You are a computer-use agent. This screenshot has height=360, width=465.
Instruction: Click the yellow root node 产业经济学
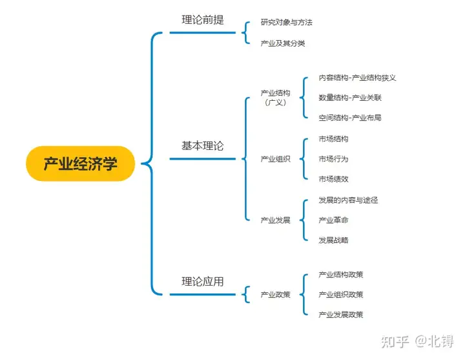pyautogui.click(x=80, y=164)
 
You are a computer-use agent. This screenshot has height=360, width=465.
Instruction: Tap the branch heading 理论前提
pyautogui.click(x=203, y=20)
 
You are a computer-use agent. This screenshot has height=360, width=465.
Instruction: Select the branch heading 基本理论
pyautogui.click(x=203, y=145)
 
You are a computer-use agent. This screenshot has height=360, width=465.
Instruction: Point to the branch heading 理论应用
pyautogui.click(x=203, y=281)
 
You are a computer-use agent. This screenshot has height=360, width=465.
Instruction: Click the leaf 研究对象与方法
pyautogui.click(x=287, y=22)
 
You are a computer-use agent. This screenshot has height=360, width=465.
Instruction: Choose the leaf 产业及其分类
pyautogui.click(x=283, y=43)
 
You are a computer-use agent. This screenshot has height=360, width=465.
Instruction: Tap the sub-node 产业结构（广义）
pyautogui.click(x=275, y=98)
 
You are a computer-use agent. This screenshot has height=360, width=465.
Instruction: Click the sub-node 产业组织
pyautogui.click(x=275, y=159)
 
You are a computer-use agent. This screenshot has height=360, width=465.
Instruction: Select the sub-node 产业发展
pyautogui.click(x=275, y=220)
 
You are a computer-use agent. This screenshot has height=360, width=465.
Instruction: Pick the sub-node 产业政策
pyautogui.click(x=275, y=295)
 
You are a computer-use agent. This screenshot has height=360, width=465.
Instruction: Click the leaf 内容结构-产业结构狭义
pyautogui.click(x=357, y=78)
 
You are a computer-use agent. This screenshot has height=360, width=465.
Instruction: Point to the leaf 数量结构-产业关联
pyautogui.click(x=350, y=98)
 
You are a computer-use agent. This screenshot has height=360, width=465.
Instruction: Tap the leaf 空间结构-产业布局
pyautogui.click(x=350, y=118)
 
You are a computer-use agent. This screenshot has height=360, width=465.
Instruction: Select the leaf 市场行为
pyautogui.click(x=333, y=159)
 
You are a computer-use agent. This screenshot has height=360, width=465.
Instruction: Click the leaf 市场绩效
pyautogui.click(x=333, y=179)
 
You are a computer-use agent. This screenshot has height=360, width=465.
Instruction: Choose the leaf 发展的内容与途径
pyautogui.click(x=348, y=200)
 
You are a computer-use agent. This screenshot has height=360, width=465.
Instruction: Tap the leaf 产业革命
pyautogui.click(x=333, y=220)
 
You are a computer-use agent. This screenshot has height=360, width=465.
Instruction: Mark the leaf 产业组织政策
pyautogui.click(x=341, y=295)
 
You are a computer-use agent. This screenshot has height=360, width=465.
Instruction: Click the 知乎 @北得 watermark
pyautogui.click(x=417, y=342)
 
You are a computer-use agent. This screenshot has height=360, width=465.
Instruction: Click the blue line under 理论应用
pyautogui.click(x=203, y=295)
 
